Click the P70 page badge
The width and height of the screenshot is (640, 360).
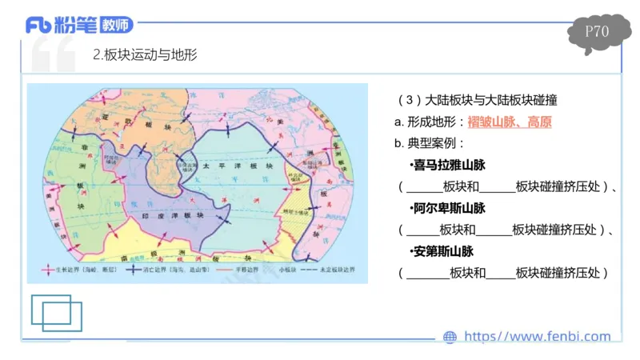tap(597, 32)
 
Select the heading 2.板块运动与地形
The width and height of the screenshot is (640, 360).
tap(145, 55)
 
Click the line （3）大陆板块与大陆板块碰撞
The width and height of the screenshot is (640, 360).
tap(477, 101)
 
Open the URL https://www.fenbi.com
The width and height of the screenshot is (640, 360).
tap(537, 337)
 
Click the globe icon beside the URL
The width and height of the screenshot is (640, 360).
tap(450, 338)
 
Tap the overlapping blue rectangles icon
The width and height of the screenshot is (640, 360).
tap(57, 312)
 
